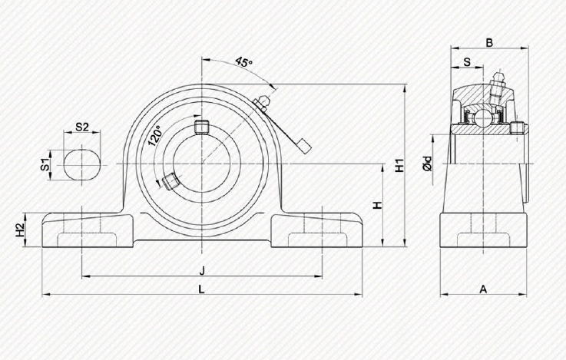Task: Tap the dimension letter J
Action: tap(202, 269)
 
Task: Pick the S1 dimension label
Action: tap(46, 164)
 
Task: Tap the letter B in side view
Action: tap(488, 43)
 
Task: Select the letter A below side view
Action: tap(483, 289)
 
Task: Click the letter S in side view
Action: tap(466, 62)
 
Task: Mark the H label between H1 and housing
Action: tap(376, 205)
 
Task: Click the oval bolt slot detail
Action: tap(81, 164)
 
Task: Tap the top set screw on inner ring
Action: tap(202, 127)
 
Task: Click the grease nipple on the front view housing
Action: tap(262, 100)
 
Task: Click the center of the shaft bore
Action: tap(202, 164)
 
